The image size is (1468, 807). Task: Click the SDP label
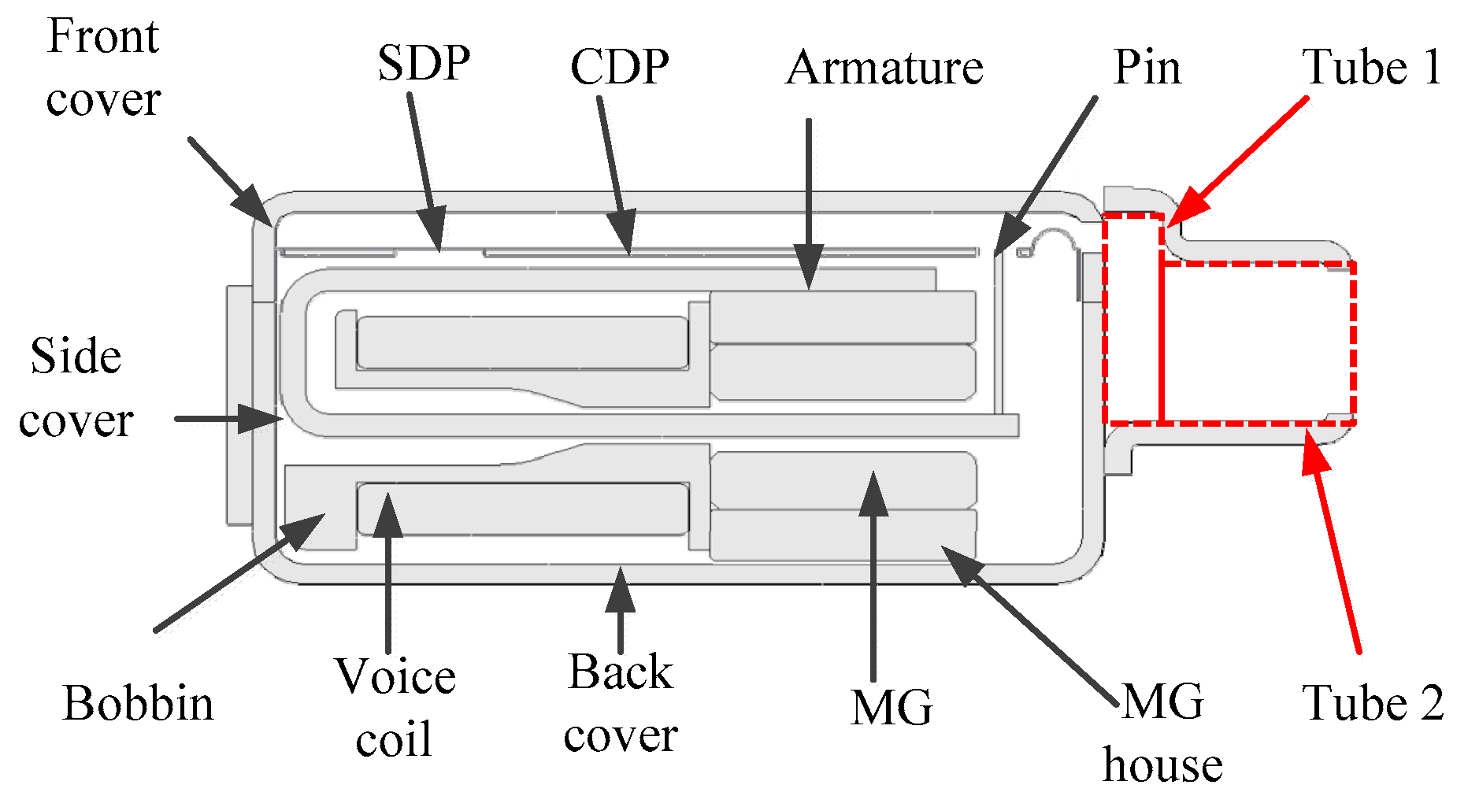click(424, 63)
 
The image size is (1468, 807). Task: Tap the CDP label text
click(620, 67)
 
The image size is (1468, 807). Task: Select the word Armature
click(884, 68)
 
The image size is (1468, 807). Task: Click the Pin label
click(1147, 68)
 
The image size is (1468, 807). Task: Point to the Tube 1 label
click(1371, 67)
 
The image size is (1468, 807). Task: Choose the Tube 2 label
click(1373, 702)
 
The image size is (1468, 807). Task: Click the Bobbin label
click(138, 702)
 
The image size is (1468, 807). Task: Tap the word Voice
click(395, 676)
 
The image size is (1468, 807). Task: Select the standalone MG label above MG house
click(892, 707)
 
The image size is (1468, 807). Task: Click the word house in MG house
click(1162, 765)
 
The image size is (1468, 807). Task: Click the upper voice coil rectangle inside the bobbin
click(522, 342)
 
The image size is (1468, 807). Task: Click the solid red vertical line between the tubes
click(1162, 331)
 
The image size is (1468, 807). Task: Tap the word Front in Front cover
click(102, 36)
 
